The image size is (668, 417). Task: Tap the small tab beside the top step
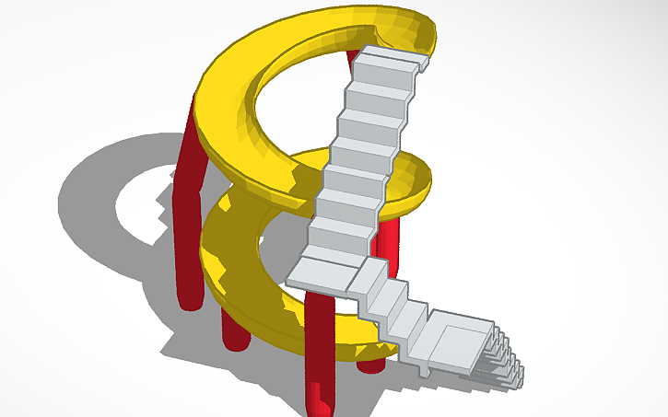(424, 64)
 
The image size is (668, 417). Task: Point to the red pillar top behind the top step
(354, 57)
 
